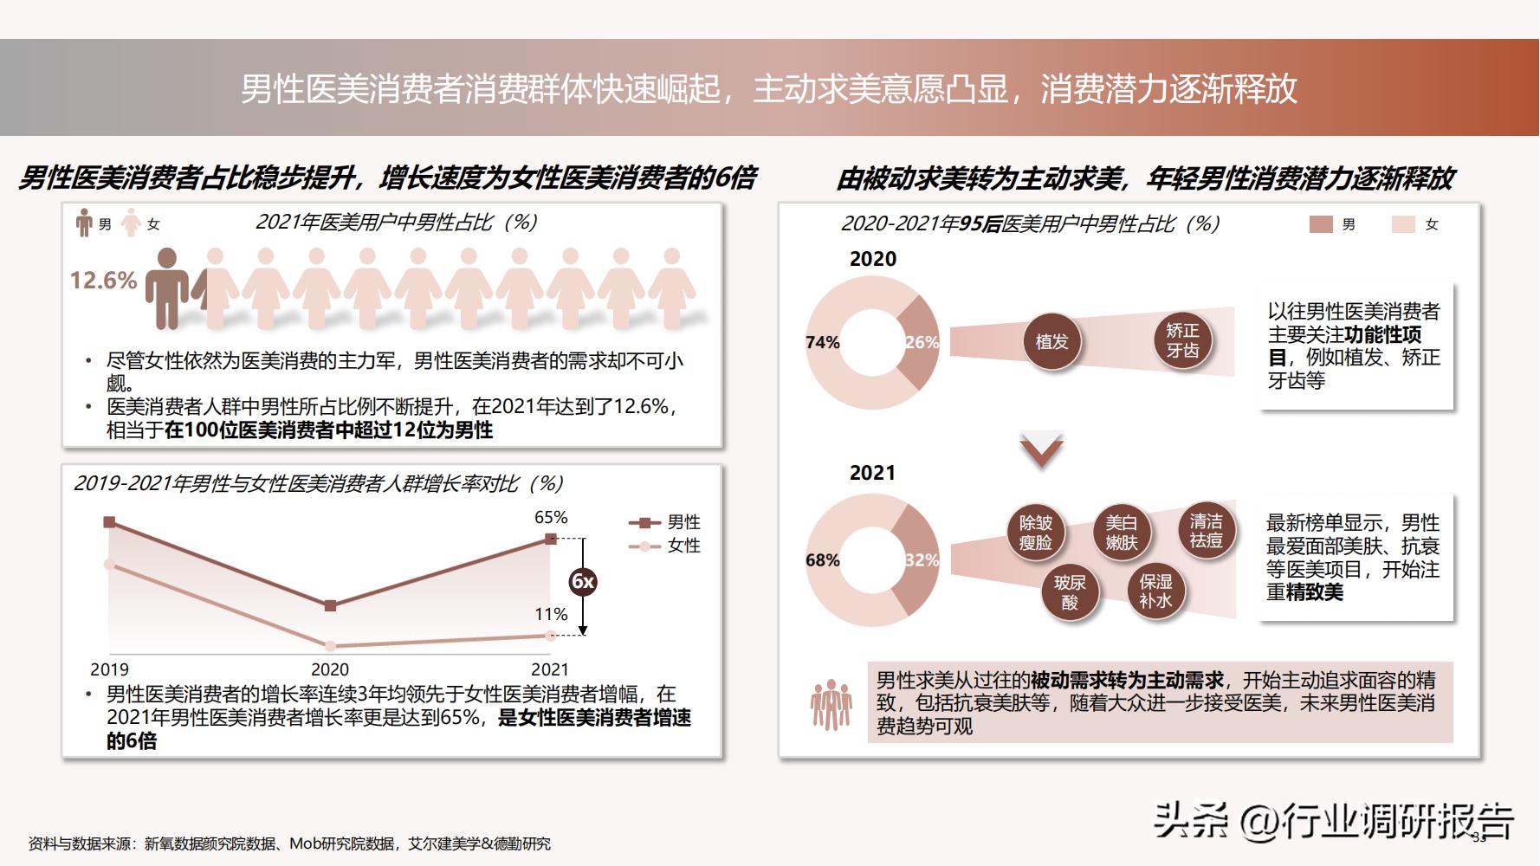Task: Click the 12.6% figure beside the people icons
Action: coord(103,281)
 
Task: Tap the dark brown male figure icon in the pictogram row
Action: coord(166,288)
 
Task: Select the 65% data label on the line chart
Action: coord(551,518)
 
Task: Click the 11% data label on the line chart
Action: coord(551,615)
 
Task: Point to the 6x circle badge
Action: coord(583,582)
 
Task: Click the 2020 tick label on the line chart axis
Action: coord(329,669)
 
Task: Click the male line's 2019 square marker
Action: coord(109,522)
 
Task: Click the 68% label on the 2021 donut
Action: coord(822,560)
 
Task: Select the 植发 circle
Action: coord(1051,342)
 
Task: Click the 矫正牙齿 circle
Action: coord(1182,340)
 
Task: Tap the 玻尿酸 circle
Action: coord(1070,592)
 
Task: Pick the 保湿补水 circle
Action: coord(1155,591)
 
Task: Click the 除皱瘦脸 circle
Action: coord(1035,533)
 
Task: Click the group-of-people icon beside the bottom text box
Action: coord(831,704)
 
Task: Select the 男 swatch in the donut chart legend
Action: coord(1321,224)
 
